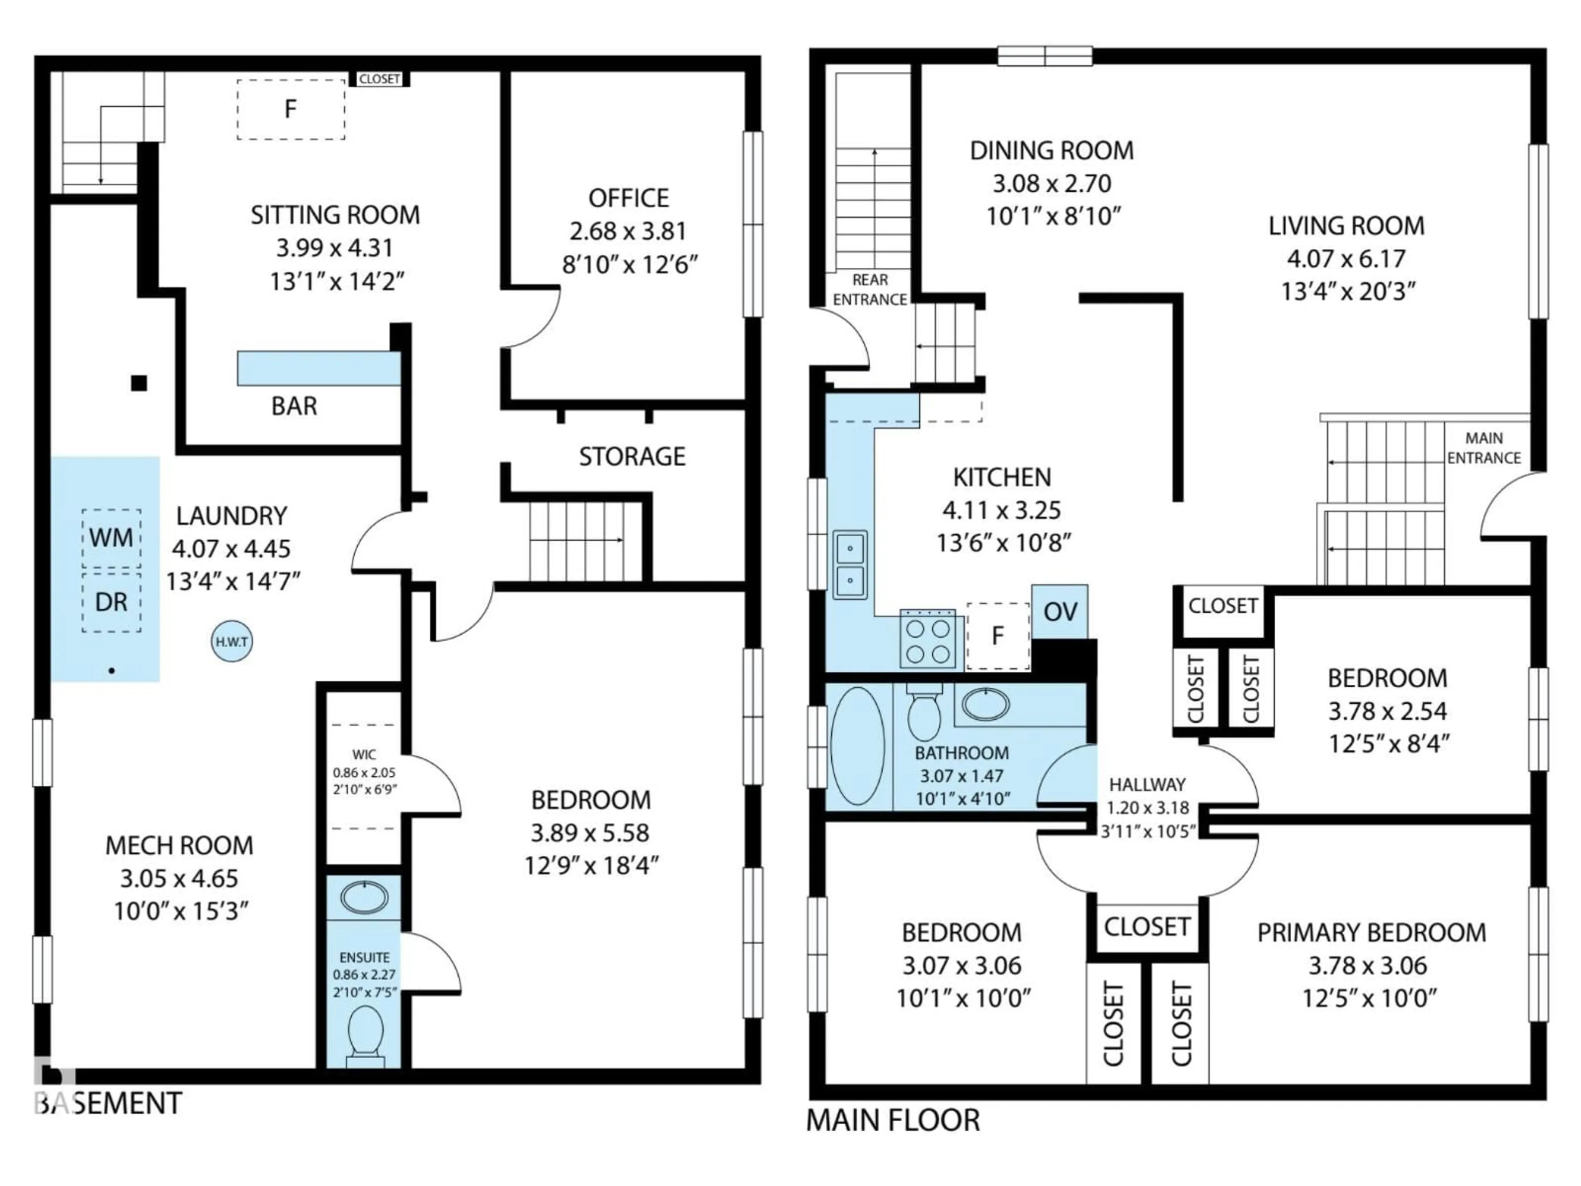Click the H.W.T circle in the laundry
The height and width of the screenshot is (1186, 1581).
pos(232,641)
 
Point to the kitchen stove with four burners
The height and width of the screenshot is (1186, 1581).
pos(928,640)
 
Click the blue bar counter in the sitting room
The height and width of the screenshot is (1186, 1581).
pos(319,368)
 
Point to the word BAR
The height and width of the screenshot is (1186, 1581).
pos(294,406)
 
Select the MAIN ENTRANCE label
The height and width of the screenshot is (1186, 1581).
pos(1484,448)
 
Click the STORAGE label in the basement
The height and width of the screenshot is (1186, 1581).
pos(632,456)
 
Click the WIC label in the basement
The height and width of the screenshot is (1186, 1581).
pos(364,754)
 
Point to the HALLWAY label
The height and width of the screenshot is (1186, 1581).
pos(1147,784)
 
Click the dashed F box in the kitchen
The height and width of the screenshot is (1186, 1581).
pos(998,635)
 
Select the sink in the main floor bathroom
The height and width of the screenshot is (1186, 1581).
pos(986,704)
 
